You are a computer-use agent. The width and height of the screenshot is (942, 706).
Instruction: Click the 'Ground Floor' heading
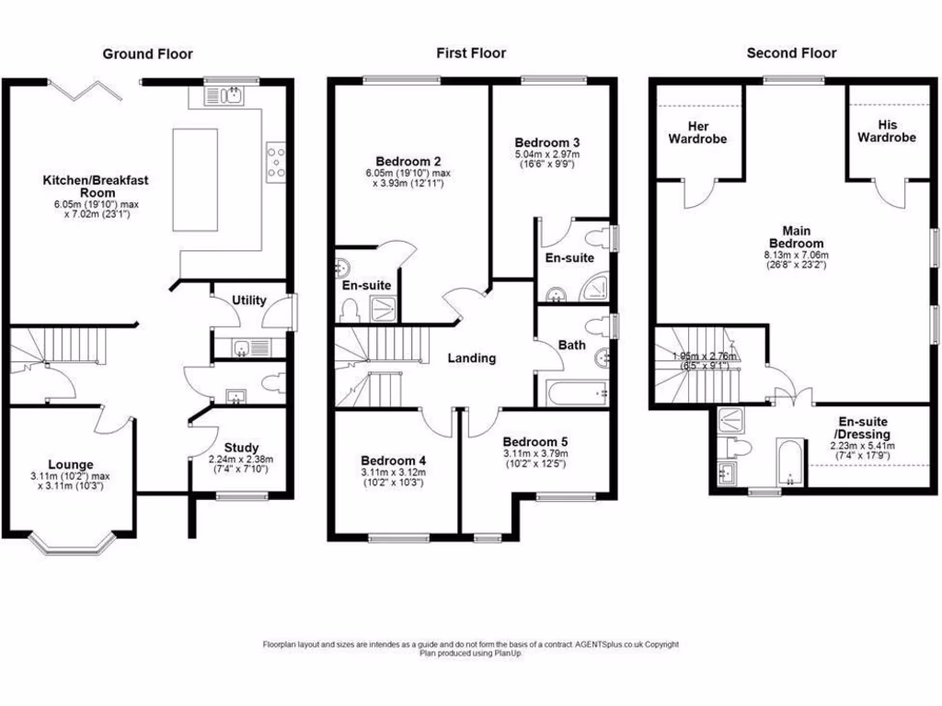click(147, 54)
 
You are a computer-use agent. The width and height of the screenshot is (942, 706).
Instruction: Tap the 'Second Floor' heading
click(791, 53)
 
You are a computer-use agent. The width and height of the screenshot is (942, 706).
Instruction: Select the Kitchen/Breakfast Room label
click(96, 187)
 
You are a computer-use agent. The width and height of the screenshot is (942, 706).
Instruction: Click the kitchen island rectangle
click(195, 179)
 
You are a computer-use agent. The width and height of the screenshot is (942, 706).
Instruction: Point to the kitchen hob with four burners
click(274, 160)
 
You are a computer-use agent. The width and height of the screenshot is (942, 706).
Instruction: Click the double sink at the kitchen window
click(226, 95)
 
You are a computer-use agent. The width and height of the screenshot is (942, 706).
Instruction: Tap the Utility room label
click(249, 301)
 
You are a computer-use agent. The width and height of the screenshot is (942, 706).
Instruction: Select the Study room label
click(241, 448)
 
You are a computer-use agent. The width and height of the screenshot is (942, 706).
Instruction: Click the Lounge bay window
click(70, 546)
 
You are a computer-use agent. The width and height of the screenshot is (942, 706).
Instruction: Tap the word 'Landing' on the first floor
click(472, 359)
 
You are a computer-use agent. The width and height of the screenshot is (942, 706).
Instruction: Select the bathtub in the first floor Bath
click(575, 393)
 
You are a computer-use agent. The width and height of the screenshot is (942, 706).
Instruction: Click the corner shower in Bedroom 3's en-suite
click(595, 290)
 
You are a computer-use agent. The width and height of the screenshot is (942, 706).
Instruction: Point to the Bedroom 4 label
click(393, 461)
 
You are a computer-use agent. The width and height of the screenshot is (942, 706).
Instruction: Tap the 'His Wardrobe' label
click(887, 131)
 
